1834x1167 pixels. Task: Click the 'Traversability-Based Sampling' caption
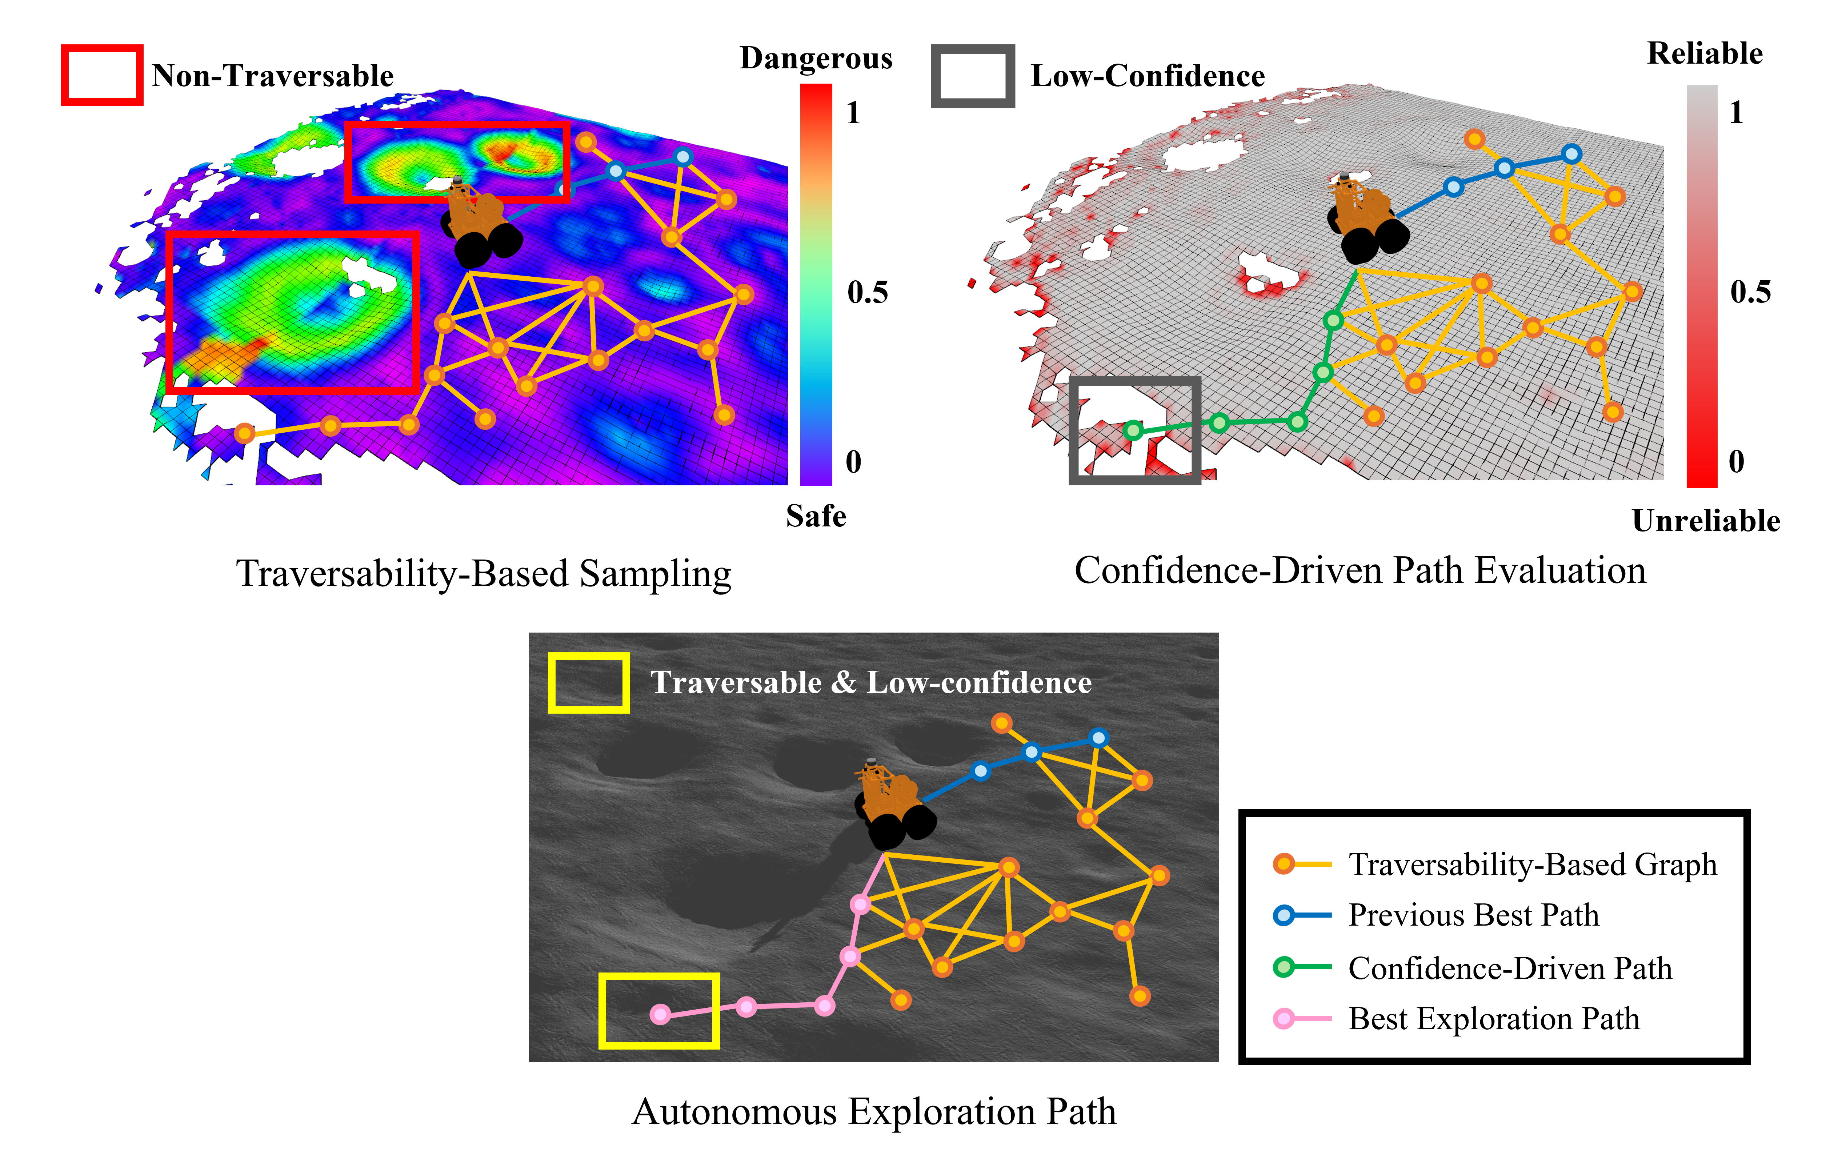point(484,574)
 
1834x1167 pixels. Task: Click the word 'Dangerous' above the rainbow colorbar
point(816,58)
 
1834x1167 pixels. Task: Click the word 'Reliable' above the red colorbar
point(1705,53)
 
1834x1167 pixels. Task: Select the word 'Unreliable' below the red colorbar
point(1706,521)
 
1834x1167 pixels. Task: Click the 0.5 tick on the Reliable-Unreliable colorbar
point(1750,292)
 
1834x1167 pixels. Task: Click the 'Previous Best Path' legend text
point(1474,915)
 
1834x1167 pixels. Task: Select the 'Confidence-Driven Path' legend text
point(1510,968)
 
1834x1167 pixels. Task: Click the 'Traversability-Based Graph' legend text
point(1533,865)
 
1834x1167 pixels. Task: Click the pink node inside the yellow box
point(660,1014)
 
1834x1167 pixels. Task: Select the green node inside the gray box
point(1133,430)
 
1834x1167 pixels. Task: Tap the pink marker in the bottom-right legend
point(1284,1018)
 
